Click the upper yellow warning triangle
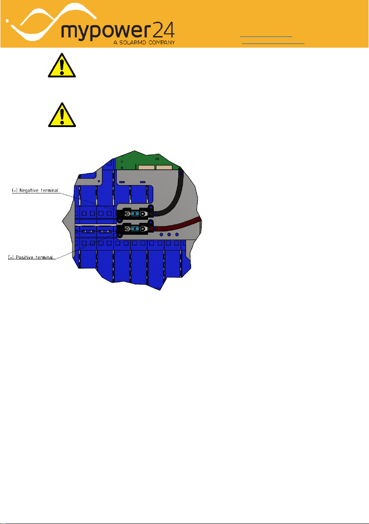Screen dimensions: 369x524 click(x=62, y=65)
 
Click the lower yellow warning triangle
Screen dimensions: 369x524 click(x=62, y=115)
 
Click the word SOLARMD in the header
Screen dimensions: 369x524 click(x=133, y=43)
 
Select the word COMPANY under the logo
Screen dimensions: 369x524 click(x=162, y=43)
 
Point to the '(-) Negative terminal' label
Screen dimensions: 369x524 click(x=35, y=190)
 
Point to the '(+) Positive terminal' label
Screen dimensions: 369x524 click(x=31, y=257)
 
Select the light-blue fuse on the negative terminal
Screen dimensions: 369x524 click(x=135, y=213)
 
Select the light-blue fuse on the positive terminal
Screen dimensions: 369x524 click(x=135, y=229)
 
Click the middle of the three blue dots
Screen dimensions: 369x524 click(x=169, y=235)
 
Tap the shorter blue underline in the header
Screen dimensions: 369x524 click(x=266, y=36)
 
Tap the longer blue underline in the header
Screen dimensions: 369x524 click(x=273, y=44)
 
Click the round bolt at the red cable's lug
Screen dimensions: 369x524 click(x=143, y=229)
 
